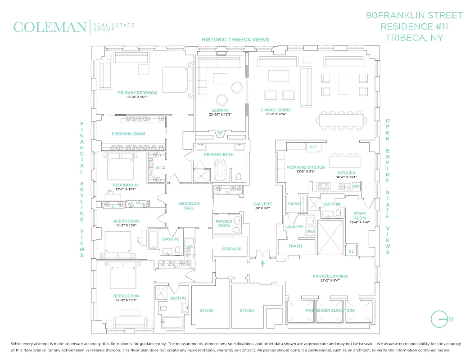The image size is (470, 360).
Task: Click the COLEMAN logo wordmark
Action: coord(50,27)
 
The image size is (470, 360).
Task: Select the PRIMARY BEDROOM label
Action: coord(138,93)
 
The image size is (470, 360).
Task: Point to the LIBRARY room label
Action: coord(220,110)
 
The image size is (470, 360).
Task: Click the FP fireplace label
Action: coord(220,134)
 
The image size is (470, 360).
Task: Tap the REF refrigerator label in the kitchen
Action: coord(313,147)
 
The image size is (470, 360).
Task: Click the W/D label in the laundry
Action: coord(310,231)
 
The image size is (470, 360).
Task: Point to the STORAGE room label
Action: coord(231,249)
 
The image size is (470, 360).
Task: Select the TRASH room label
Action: coord(295,246)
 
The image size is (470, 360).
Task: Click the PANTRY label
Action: coord(294,204)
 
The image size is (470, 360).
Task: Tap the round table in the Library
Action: coord(221,99)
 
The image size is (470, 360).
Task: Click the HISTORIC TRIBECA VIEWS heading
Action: coord(235,40)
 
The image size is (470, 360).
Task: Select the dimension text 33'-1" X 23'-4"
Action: coord(276,114)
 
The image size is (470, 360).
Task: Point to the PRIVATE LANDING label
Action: coord(330,276)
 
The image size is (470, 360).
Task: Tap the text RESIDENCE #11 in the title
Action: coord(415,27)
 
